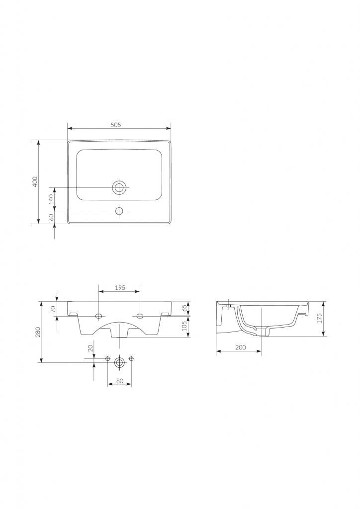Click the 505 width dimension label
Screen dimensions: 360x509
pyautogui.click(x=115, y=125)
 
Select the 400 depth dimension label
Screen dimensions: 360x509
pyautogui.click(x=35, y=182)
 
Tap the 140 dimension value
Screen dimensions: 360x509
pyautogui.click(x=51, y=200)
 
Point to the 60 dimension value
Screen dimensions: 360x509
pyautogui.click(x=51, y=217)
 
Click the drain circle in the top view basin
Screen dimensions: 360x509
pyautogui.click(x=119, y=187)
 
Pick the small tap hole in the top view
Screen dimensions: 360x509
pyautogui.click(x=119, y=211)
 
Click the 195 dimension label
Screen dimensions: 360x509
pyautogui.click(x=120, y=288)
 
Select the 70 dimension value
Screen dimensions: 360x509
pyautogui.click(x=54, y=309)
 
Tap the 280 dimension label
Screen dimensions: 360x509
pyautogui.click(x=38, y=332)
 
